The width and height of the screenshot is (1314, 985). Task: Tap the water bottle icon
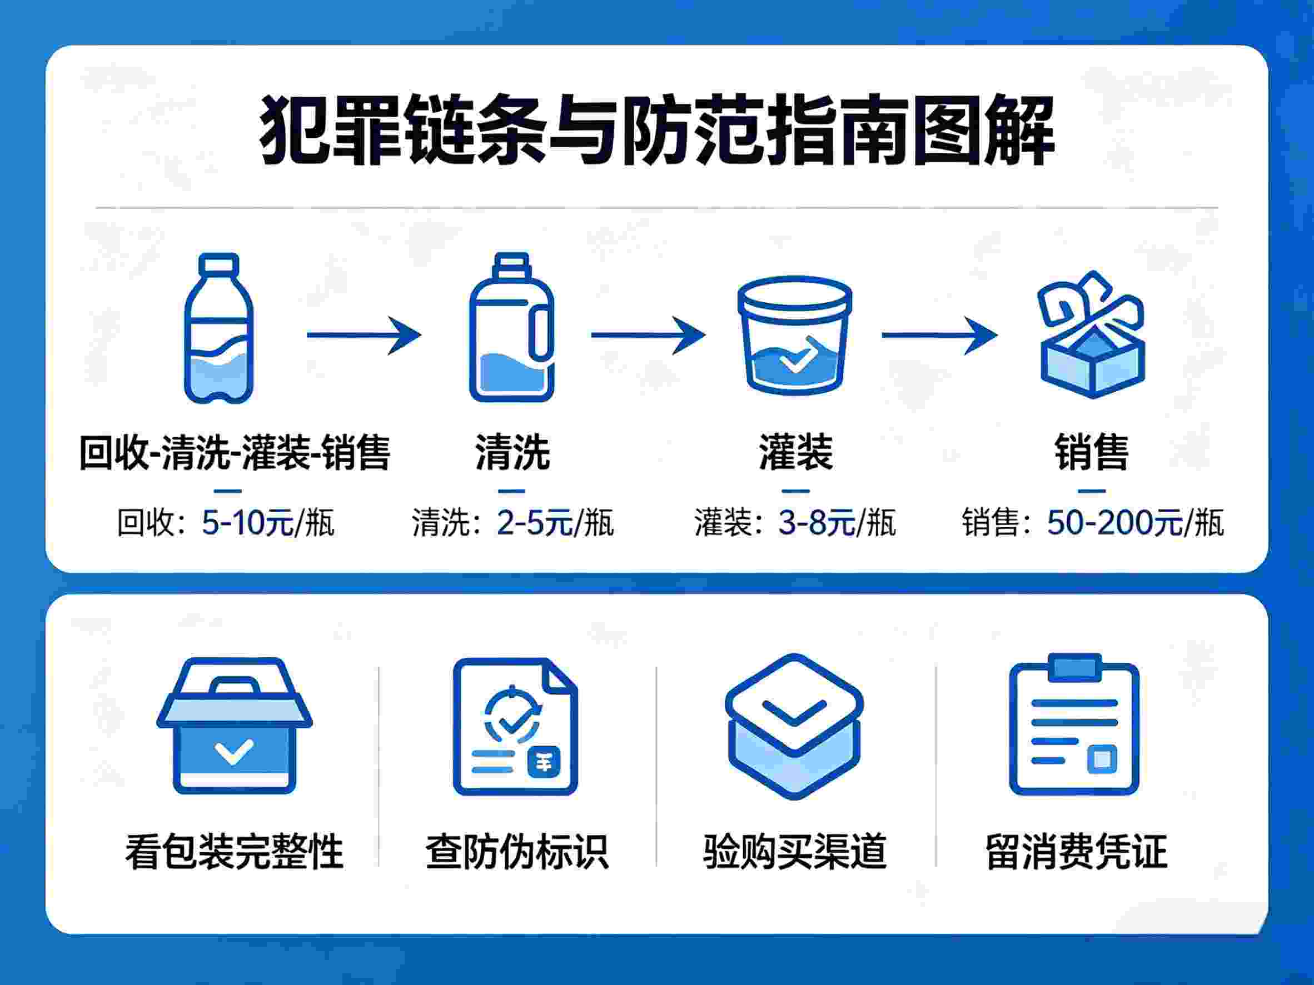tap(219, 328)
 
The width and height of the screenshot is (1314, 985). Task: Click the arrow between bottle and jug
tap(364, 336)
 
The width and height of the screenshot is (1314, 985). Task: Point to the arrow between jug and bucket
tap(648, 336)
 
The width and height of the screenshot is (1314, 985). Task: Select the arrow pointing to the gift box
tap(939, 336)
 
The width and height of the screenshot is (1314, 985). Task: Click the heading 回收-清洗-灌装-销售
tap(235, 453)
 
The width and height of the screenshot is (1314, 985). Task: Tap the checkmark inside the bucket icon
tap(795, 358)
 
